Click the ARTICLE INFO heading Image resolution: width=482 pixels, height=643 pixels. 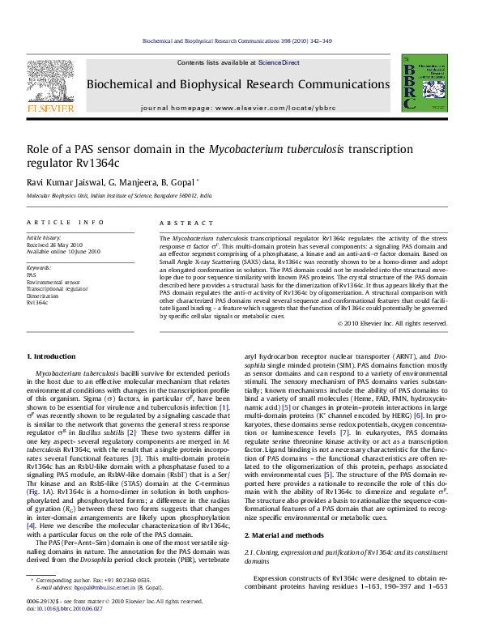coord(66,222)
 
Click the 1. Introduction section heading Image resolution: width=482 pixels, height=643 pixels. coord(52,356)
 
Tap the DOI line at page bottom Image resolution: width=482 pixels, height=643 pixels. coord(66,630)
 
